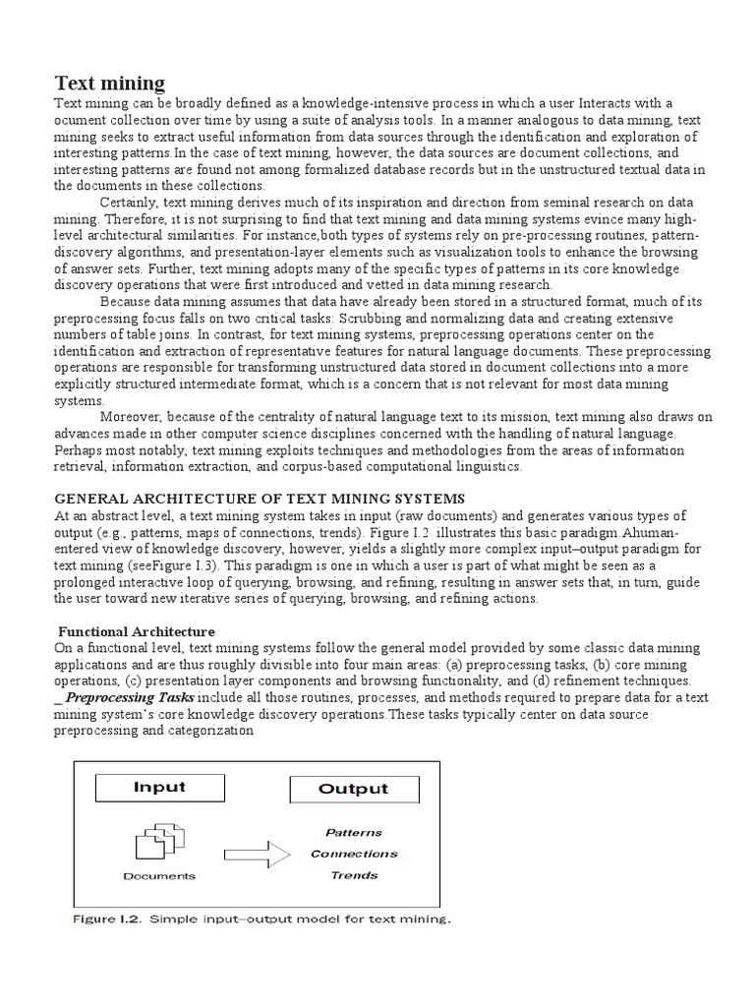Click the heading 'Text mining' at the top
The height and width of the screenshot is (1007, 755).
(109, 83)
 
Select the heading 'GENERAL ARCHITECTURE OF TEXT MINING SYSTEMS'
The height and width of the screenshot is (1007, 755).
(259, 498)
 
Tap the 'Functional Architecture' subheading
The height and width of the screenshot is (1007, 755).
(137, 630)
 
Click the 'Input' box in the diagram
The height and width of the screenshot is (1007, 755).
(159, 788)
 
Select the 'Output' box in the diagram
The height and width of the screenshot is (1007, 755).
(353, 789)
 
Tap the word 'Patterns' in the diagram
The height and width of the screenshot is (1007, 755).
(354, 832)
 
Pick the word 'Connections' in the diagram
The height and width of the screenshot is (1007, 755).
(354, 854)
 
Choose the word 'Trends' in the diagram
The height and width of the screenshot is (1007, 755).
(354, 875)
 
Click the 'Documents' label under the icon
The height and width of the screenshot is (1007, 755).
(158, 876)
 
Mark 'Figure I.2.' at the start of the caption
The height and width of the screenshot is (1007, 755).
(111, 921)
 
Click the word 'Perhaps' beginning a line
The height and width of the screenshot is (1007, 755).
(79, 450)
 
